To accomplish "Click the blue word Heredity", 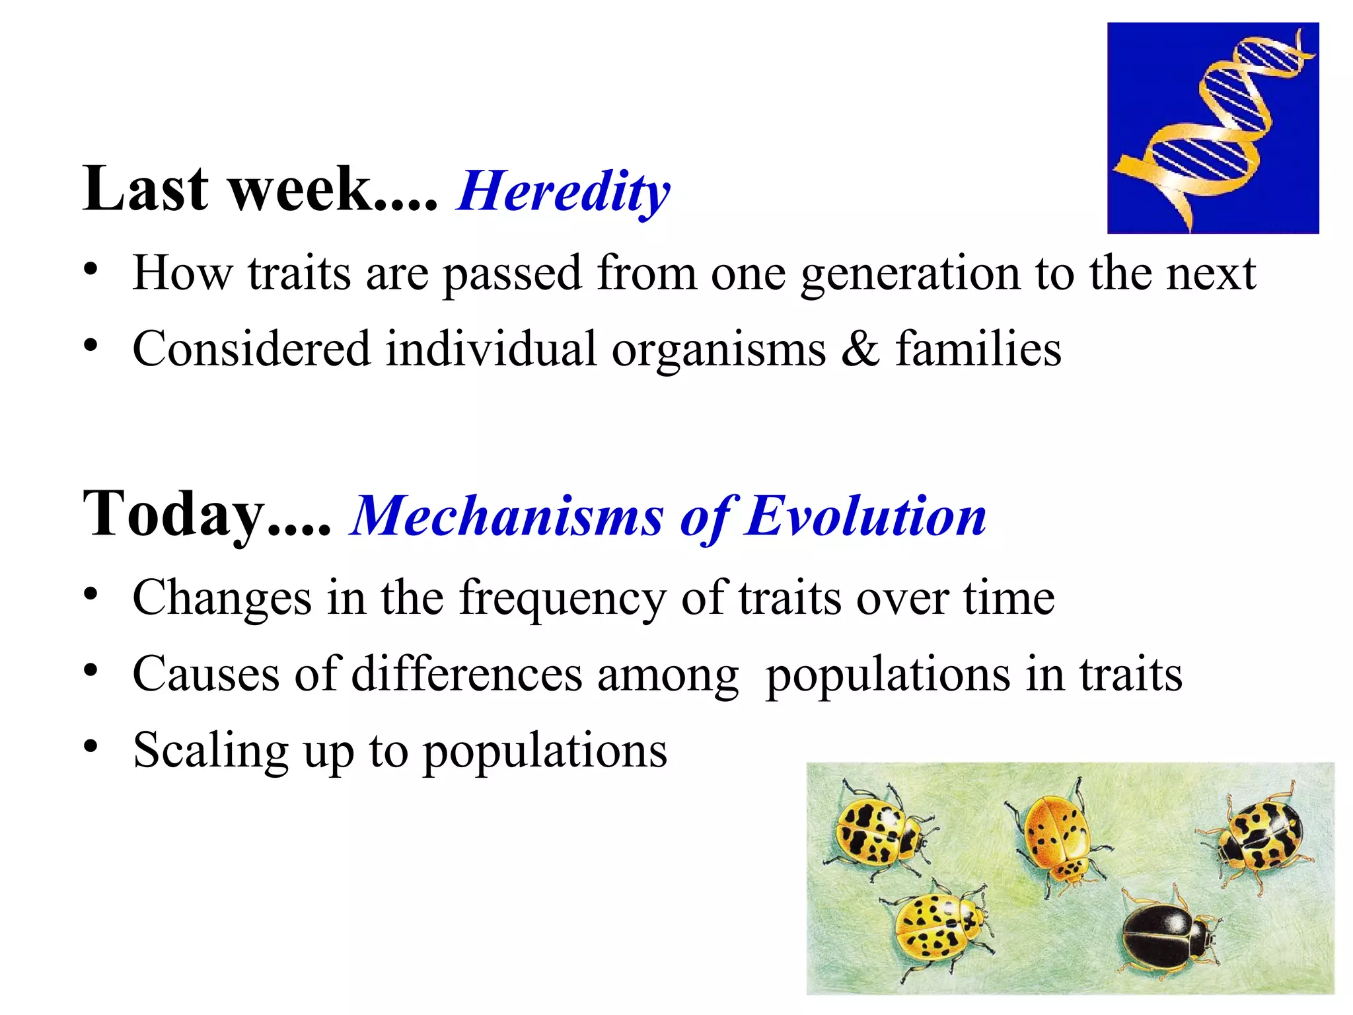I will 563,191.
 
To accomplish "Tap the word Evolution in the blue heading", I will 865,516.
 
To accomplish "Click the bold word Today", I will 173,514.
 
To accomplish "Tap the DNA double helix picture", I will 1213,128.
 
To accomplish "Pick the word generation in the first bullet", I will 911,274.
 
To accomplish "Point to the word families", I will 978,349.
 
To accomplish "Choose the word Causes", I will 206,675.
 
